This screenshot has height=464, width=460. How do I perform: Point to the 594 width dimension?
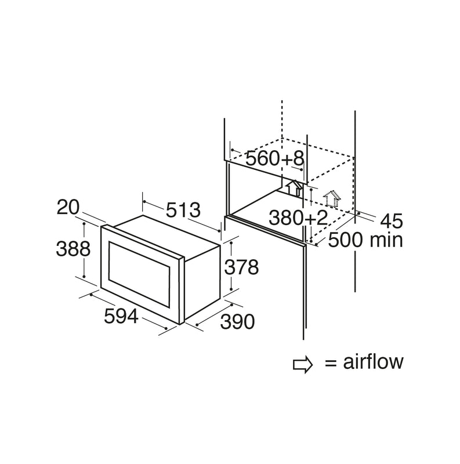tap(121, 316)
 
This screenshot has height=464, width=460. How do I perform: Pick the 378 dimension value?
tap(241, 267)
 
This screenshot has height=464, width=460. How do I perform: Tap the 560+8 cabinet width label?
tap(274, 158)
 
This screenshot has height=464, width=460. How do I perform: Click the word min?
tap(387, 240)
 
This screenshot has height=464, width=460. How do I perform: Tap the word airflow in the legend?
tap(372, 362)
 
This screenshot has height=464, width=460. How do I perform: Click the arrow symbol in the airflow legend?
tap(303, 364)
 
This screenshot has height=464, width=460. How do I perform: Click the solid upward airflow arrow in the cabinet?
tap(292, 187)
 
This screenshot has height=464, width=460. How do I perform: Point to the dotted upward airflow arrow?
tap(332, 198)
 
